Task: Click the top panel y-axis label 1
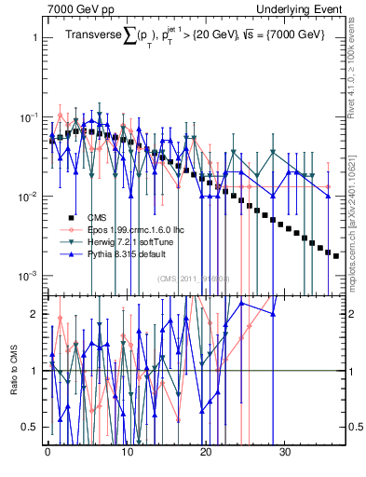pos(34,39)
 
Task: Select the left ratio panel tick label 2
pos(34,314)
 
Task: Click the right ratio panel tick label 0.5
pos(355,427)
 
